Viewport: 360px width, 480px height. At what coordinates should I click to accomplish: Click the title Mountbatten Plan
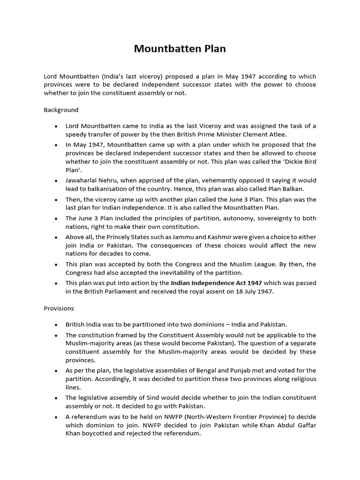(180, 49)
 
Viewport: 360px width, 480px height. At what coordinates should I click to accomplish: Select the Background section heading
(61, 110)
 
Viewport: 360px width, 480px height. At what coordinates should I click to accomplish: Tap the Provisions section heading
(59, 308)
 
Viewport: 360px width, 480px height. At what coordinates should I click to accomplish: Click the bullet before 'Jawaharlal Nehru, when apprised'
(56, 181)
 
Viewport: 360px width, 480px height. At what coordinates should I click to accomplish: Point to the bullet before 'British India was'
(56, 324)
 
